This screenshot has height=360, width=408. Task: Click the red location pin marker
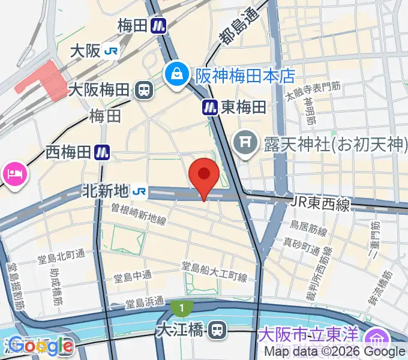tap(204, 175)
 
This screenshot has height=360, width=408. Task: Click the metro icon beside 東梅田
tap(210, 107)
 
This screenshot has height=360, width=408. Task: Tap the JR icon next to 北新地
tap(140, 191)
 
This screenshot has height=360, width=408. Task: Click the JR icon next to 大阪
tap(111, 51)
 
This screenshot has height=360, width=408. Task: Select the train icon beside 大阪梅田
tap(143, 91)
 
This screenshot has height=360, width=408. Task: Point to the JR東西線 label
tap(322, 205)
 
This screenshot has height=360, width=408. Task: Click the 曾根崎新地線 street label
tap(138, 214)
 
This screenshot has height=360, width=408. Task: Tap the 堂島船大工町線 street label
tap(214, 271)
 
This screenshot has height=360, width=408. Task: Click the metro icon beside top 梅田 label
tap(158, 26)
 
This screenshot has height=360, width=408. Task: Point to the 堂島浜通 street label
tap(147, 303)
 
